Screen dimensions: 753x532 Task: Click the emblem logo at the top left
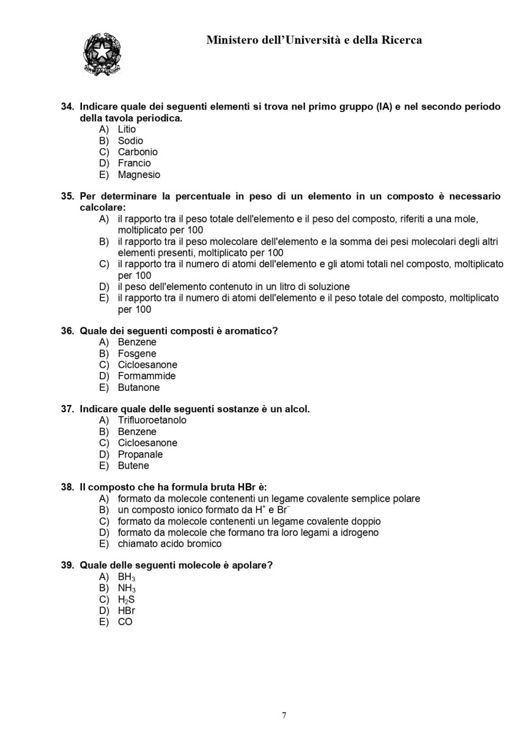(x=102, y=54)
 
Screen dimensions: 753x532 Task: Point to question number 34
(x=67, y=106)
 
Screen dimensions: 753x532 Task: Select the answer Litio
(x=127, y=129)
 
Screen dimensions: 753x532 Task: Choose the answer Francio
(x=134, y=163)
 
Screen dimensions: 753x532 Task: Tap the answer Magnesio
(x=139, y=174)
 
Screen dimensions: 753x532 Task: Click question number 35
(x=67, y=196)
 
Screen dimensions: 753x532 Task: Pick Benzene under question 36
(x=137, y=342)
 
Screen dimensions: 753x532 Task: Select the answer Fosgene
(x=137, y=354)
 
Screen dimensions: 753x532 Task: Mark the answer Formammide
(x=147, y=376)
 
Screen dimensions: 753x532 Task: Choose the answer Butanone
(x=139, y=387)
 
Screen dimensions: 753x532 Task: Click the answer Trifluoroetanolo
(x=152, y=420)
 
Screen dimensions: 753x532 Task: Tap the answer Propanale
(x=140, y=454)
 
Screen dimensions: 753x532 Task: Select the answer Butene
(x=133, y=466)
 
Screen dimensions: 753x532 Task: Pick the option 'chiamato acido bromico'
(x=169, y=544)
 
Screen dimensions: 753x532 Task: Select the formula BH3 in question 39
(x=127, y=577)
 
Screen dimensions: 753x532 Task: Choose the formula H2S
(x=126, y=599)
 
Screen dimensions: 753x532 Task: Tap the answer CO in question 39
(x=125, y=622)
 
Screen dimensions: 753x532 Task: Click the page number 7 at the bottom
(x=284, y=715)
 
